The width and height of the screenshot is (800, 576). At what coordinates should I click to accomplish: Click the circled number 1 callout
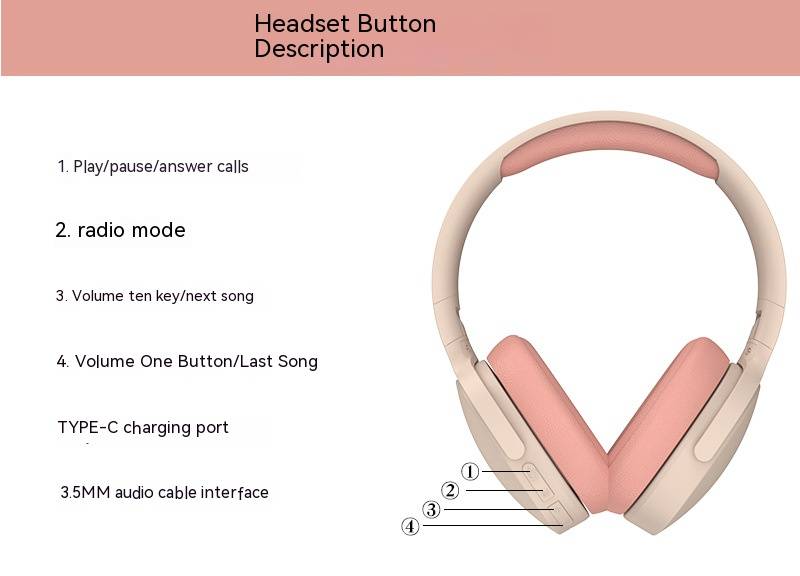(470, 471)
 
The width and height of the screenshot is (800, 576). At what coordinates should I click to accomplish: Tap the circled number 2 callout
(450, 490)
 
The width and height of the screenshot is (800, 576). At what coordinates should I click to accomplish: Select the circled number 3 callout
(432, 509)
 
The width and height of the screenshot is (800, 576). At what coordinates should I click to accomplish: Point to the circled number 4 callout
(410, 526)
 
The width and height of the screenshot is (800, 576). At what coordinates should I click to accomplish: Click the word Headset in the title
(303, 24)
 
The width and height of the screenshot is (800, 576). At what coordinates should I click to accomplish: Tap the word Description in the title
(319, 49)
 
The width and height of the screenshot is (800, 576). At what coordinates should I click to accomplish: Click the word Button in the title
(396, 24)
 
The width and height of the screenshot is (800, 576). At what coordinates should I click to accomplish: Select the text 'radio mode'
(131, 230)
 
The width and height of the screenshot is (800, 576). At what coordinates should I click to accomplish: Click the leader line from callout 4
(493, 525)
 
